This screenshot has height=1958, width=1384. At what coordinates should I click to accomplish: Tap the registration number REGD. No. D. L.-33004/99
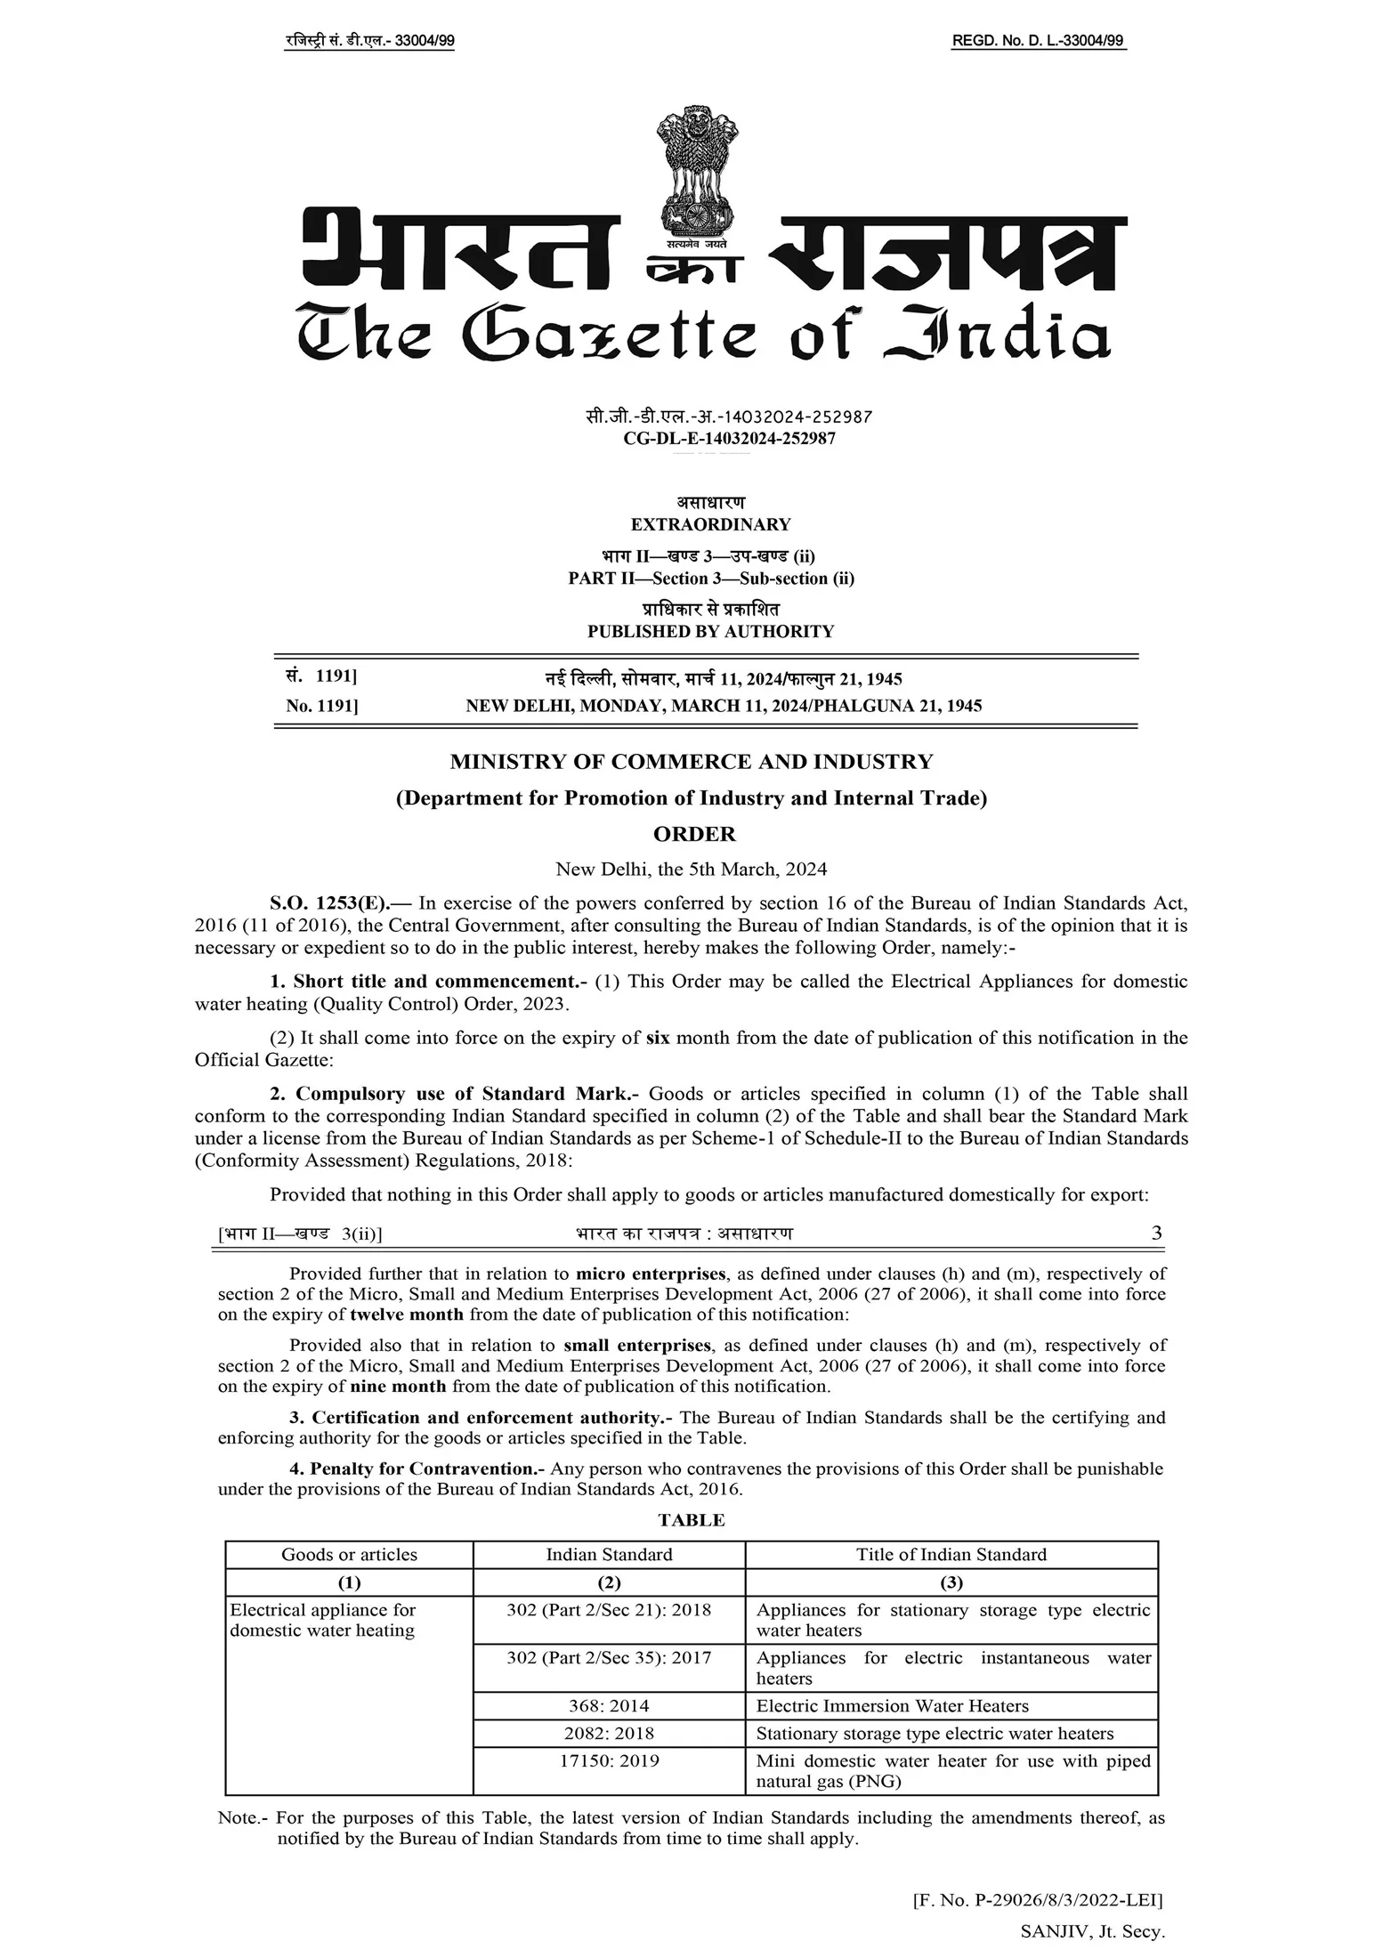(x=1038, y=41)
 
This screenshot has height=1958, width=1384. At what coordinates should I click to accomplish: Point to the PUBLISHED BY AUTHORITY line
(x=710, y=632)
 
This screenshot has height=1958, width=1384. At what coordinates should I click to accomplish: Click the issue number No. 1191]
(x=321, y=706)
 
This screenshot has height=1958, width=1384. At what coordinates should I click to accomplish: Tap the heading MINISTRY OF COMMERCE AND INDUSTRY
(x=692, y=762)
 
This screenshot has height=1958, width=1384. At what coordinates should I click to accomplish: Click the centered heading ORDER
(x=694, y=834)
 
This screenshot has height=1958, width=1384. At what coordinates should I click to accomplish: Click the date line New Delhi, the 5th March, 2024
(x=692, y=869)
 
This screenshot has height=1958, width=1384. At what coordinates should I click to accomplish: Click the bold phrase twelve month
(x=407, y=1315)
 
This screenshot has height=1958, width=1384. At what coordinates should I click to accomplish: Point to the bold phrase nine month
(x=398, y=1386)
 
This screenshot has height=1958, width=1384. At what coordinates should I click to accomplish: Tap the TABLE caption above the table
(x=692, y=1520)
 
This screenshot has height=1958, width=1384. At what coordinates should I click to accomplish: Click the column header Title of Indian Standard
(x=951, y=1555)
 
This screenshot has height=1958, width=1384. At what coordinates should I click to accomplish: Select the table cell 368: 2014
(x=609, y=1706)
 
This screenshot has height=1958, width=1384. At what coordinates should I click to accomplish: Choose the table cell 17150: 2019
(x=609, y=1760)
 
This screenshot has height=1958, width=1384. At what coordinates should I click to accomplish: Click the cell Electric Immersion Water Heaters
(x=892, y=1706)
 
